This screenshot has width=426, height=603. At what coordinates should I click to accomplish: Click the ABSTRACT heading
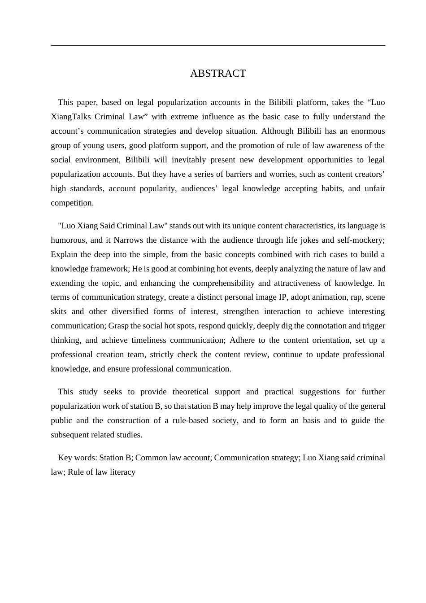218,74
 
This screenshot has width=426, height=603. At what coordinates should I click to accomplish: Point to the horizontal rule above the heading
218,46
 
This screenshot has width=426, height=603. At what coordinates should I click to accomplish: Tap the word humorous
68,240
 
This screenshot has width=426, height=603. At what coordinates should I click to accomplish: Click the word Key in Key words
65,458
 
